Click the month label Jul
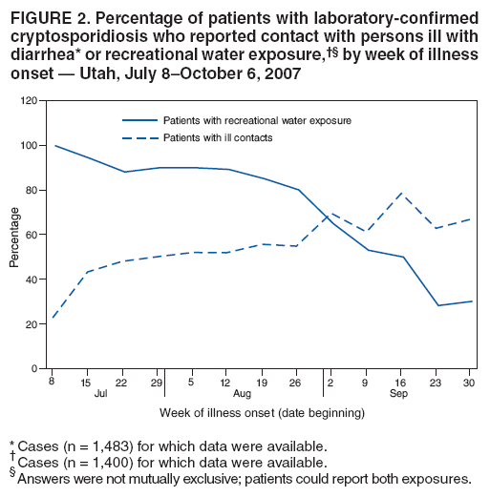[x=100, y=392]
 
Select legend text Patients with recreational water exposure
[x=257, y=121]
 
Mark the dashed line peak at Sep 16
[x=399, y=193]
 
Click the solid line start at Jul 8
[x=54, y=146]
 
